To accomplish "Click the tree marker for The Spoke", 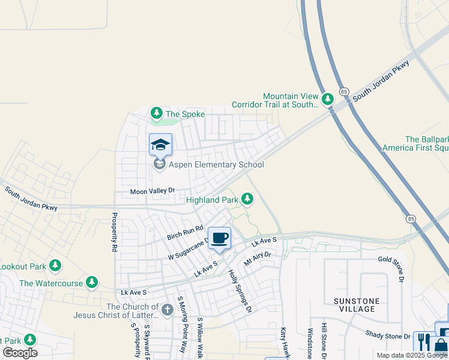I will click(x=157, y=113).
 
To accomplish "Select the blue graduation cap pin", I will click(x=160, y=145).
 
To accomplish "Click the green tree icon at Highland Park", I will click(x=247, y=199).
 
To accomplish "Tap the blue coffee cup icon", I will click(x=219, y=238).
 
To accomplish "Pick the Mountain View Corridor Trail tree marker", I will click(x=327, y=99).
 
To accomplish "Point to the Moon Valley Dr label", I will click(x=153, y=191).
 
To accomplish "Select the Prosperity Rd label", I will click(x=113, y=231).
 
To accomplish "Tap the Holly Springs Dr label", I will click(x=240, y=291).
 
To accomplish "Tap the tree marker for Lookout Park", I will click(x=55, y=265).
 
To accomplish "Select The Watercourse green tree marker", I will click(x=91, y=281).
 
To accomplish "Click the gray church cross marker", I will click(x=167, y=310).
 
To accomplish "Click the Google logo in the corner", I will click(x=20, y=353).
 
